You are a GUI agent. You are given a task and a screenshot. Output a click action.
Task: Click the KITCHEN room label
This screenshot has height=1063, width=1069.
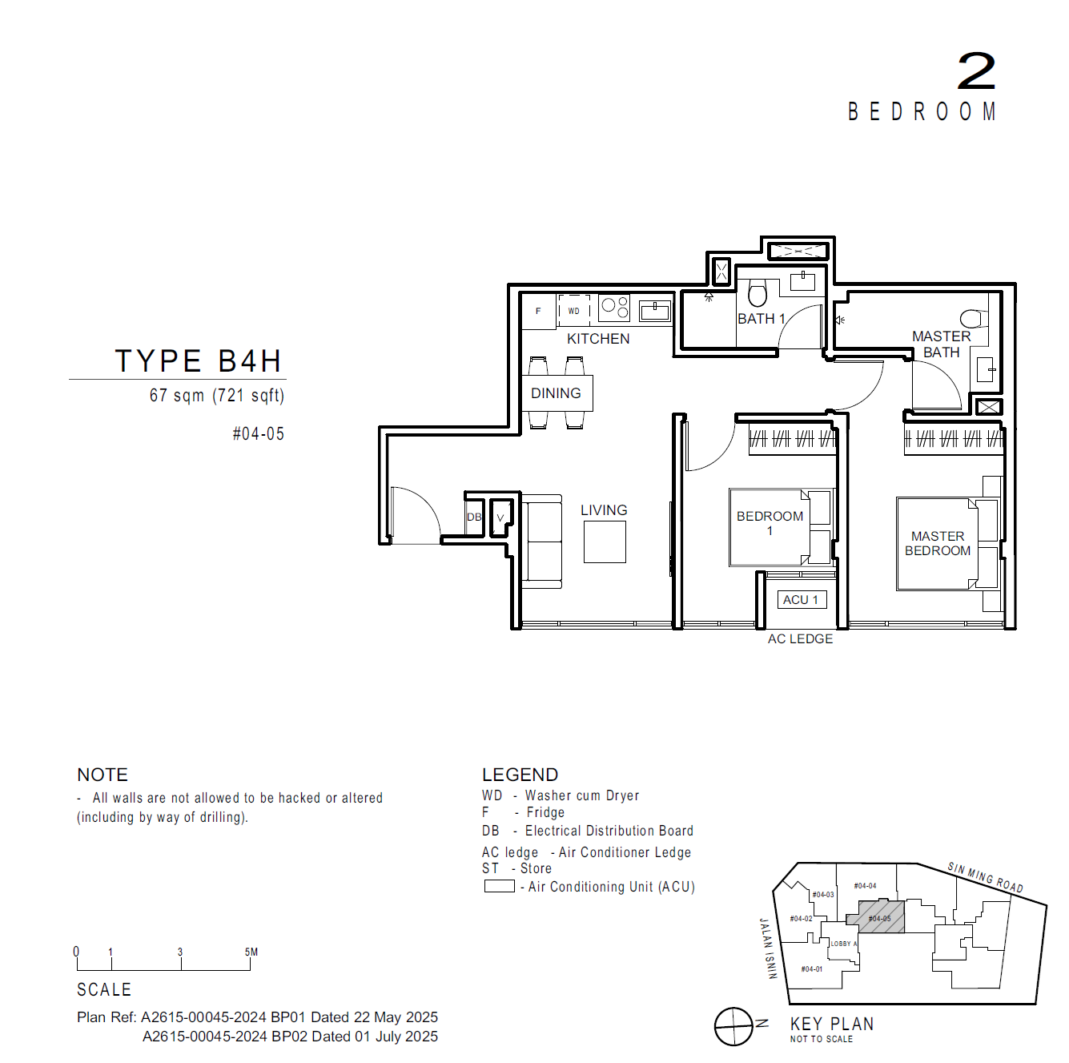(597, 338)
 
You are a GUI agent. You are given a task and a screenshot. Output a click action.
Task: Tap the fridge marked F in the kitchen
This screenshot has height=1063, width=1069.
(538, 311)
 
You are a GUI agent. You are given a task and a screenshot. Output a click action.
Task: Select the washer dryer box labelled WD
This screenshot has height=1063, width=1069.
(573, 310)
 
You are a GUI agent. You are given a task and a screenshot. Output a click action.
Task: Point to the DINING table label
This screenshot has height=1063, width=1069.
(555, 393)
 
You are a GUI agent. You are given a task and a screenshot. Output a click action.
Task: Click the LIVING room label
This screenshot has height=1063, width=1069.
(604, 509)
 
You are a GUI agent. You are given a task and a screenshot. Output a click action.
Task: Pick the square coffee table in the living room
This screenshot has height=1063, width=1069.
(604, 542)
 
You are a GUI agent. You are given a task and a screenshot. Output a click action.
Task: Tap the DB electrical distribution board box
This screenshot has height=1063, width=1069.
(474, 517)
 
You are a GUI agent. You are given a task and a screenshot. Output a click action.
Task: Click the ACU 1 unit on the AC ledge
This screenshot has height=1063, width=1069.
(800, 599)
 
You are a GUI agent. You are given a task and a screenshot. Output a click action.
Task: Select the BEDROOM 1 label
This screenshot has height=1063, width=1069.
(770, 523)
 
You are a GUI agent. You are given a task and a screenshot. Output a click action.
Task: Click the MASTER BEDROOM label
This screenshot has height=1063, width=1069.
(937, 543)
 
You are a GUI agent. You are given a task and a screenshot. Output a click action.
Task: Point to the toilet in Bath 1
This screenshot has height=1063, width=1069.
(758, 292)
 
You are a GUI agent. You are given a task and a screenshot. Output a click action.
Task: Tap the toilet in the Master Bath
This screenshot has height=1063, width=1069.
(972, 319)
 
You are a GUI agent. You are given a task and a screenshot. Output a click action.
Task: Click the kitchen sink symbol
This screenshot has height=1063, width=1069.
(654, 311)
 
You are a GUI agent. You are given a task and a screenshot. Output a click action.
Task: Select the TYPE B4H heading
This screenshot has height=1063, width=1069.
(198, 360)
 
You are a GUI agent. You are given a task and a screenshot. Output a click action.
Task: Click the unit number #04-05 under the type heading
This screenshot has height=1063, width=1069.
(258, 433)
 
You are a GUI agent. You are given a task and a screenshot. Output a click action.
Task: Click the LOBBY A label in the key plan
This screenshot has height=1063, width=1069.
(843, 943)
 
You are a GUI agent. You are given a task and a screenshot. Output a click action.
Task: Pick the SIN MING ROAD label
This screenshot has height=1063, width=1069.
(985, 877)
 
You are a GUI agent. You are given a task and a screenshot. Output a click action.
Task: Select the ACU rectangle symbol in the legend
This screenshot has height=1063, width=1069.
(499, 886)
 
